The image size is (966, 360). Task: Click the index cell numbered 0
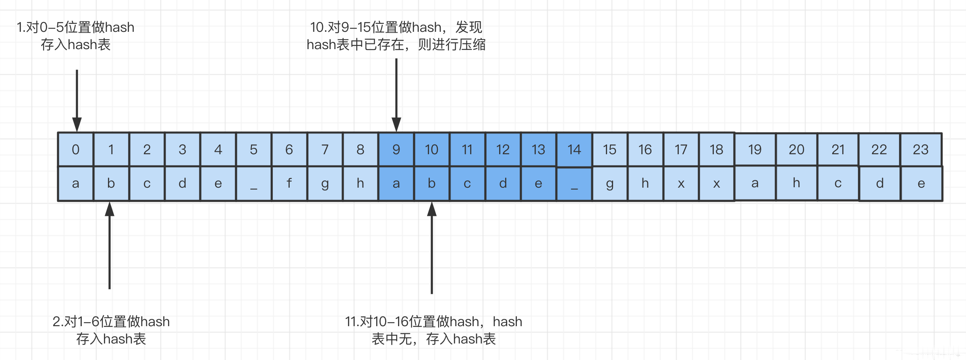[76, 149]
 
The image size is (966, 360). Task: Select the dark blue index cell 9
[396, 149]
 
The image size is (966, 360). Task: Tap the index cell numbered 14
[574, 149]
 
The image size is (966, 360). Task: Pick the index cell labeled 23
[920, 149]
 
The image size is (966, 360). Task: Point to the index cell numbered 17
[681, 149]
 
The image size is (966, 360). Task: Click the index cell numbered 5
[254, 149]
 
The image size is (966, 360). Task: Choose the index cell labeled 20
[796, 149]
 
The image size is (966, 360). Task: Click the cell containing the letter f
[289, 183]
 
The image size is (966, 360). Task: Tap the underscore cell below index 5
[254, 183]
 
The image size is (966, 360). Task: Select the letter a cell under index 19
[755, 183]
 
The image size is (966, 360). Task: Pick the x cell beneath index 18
[716, 183]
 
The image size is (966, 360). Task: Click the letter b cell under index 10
[431, 183]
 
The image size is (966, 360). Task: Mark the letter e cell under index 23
[921, 183]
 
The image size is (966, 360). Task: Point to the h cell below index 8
[361, 183]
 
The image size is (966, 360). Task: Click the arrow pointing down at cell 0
[77, 101]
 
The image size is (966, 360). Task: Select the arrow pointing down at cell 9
[396, 95]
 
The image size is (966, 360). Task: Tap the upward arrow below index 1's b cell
[110, 245]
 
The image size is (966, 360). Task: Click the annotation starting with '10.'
[396, 36]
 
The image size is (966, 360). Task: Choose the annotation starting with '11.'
[433, 330]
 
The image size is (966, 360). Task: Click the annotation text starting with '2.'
[111, 330]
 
